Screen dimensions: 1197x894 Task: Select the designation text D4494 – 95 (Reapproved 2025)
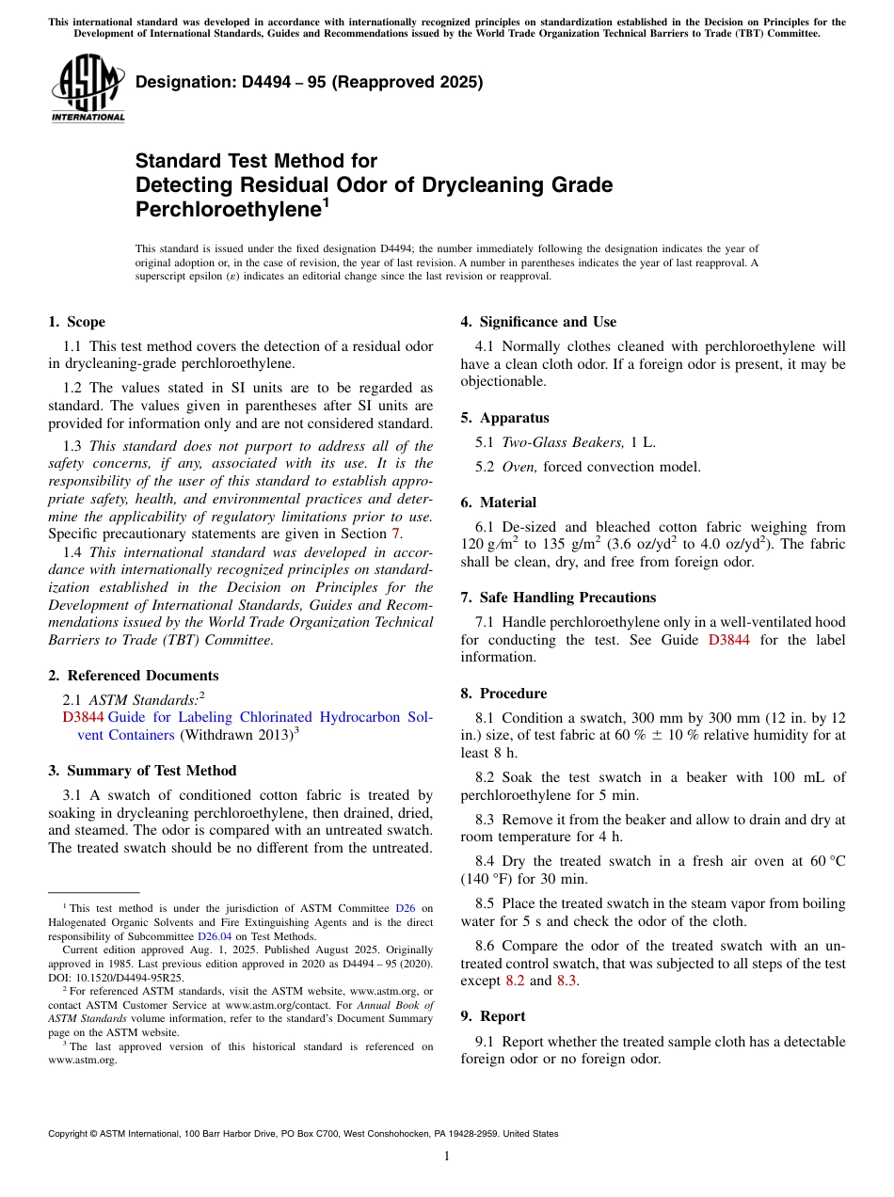click(309, 82)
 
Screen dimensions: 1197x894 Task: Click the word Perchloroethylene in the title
click(228, 209)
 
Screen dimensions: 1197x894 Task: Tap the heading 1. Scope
click(77, 322)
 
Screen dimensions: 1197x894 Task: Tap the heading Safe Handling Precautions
click(567, 598)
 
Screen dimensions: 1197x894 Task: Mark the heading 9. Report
click(493, 1016)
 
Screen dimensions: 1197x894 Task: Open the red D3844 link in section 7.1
click(728, 640)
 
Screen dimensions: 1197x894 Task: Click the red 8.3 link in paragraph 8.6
click(567, 981)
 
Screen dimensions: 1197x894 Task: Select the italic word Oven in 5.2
click(519, 467)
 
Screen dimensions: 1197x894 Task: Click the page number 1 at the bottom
click(447, 1157)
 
